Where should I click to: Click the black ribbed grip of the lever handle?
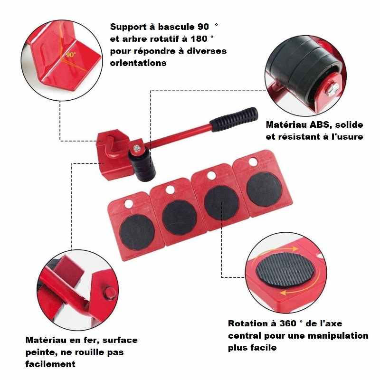(x=234, y=119)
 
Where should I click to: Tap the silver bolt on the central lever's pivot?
(x=137, y=148)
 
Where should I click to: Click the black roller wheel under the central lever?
(x=142, y=165)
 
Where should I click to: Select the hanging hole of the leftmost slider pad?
(x=129, y=204)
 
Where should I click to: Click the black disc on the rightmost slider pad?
(x=264, y=189)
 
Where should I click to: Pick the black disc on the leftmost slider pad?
(x=137, y=232)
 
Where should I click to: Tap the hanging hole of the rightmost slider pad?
(x=253, y=162)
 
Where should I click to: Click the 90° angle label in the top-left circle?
(x=70, y=55)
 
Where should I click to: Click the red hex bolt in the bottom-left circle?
(x=110, y=293)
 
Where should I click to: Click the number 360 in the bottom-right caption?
(x=288, y=323)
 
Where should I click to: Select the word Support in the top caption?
(x=128, y=27)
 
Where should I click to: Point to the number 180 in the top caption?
(x=199, y=39)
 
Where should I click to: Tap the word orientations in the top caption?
(x=138, y=63)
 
